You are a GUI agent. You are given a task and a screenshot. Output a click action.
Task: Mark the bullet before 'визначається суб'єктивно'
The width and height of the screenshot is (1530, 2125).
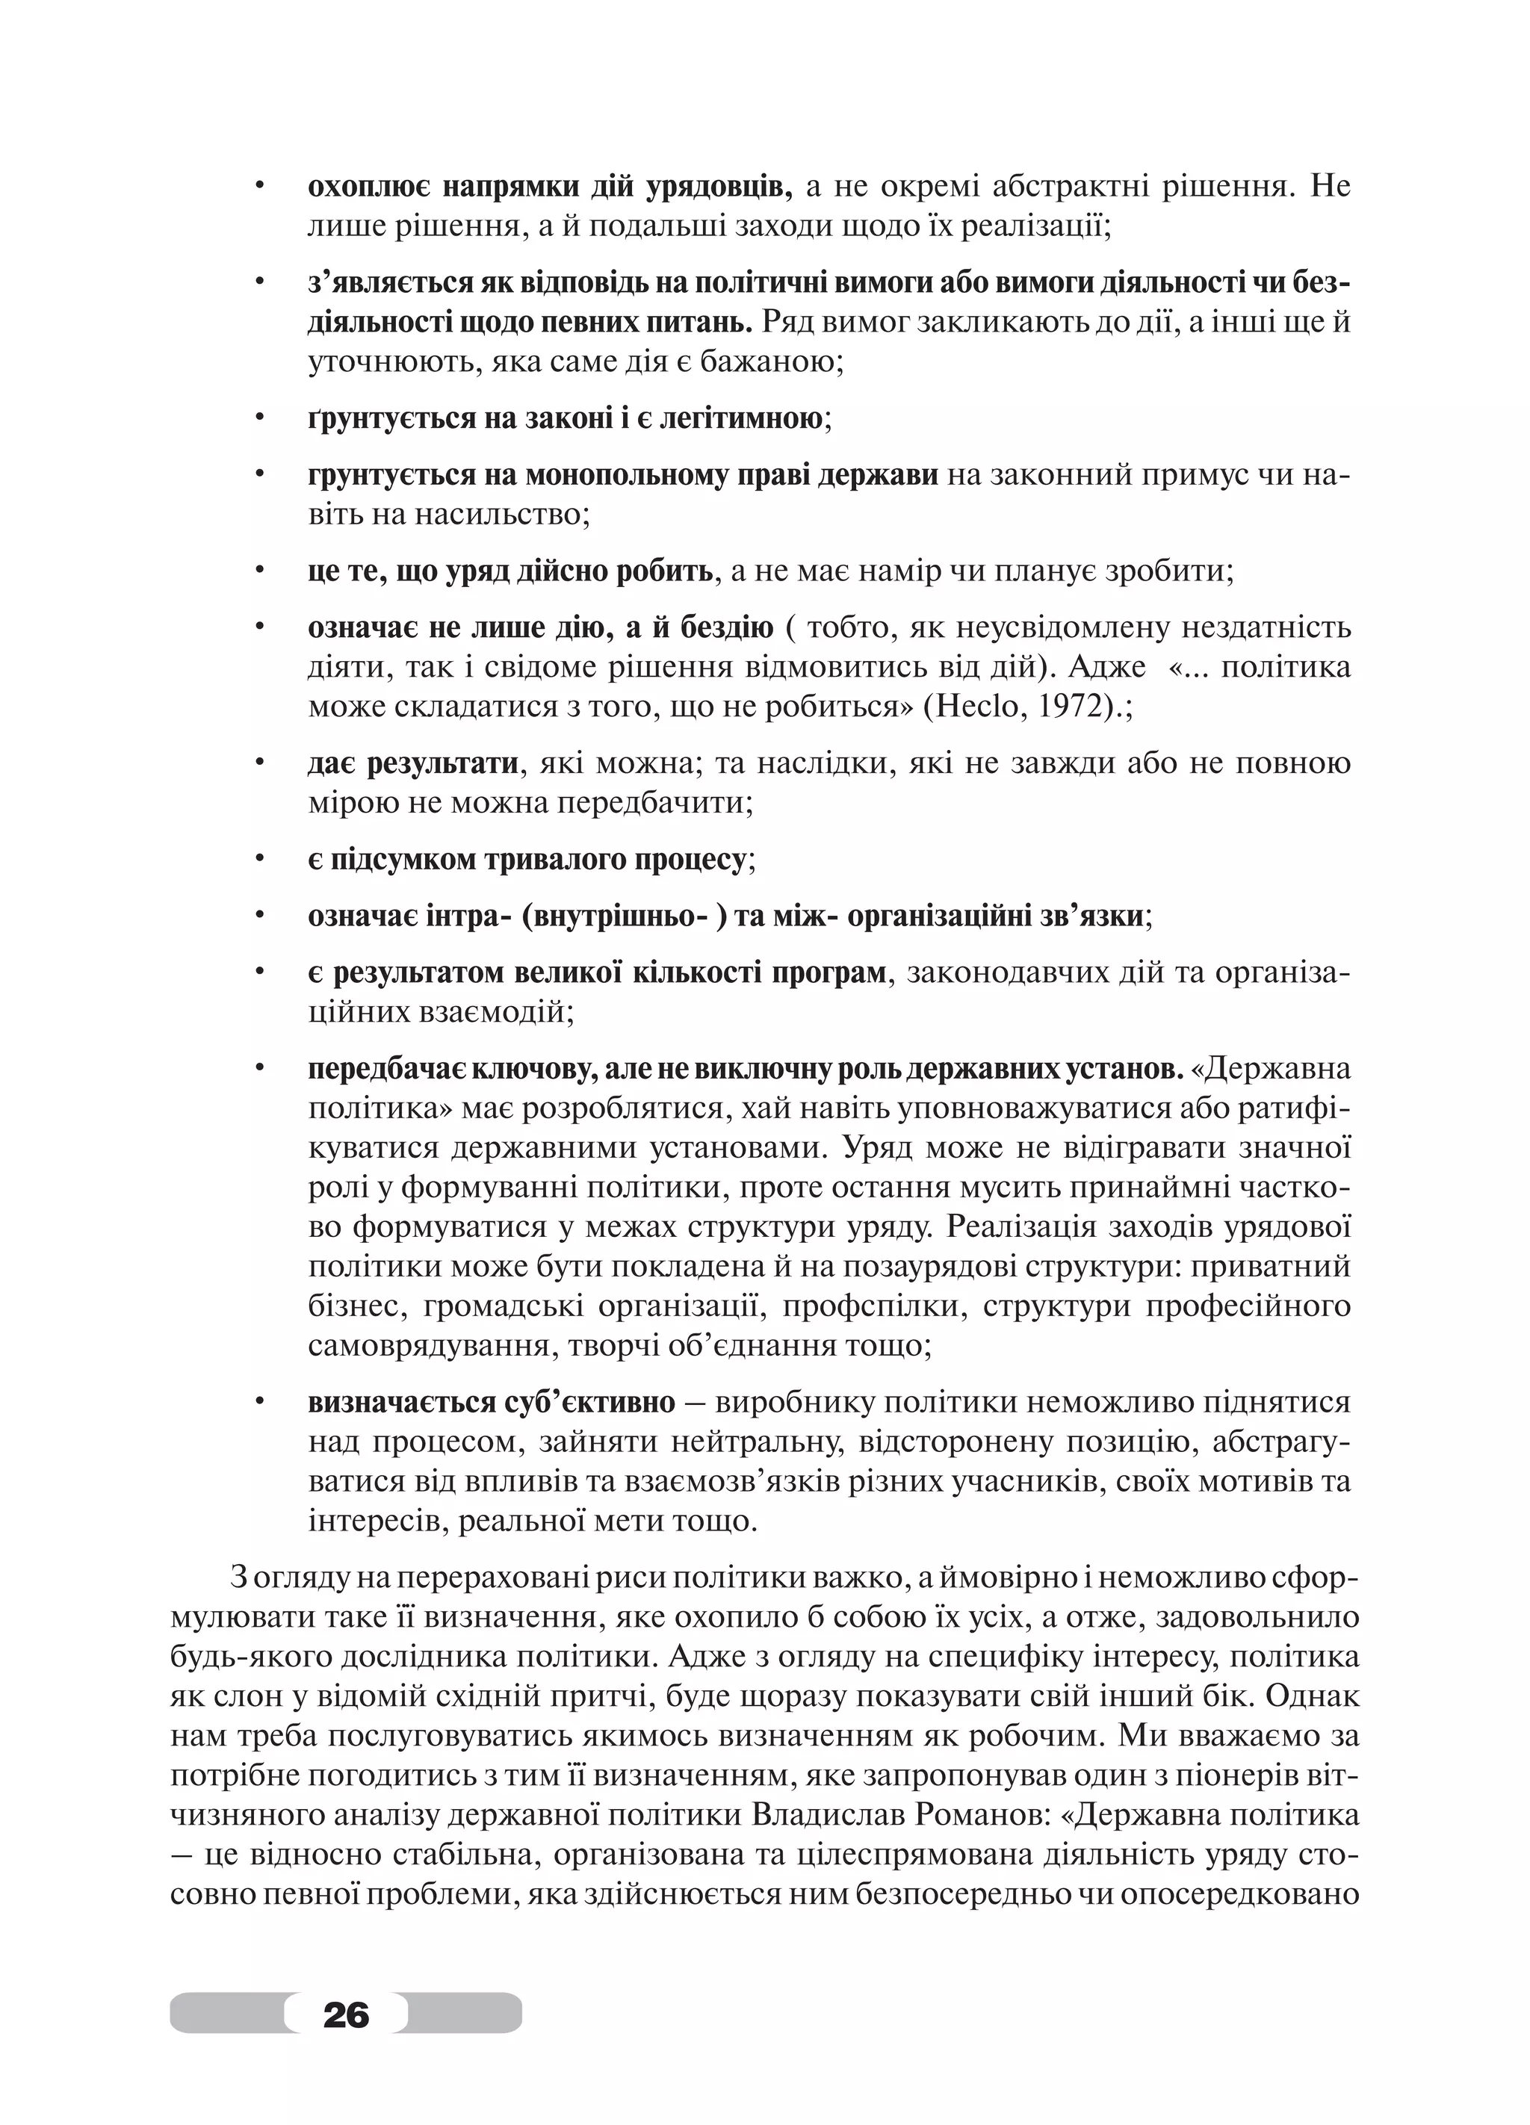[258, 1403]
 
